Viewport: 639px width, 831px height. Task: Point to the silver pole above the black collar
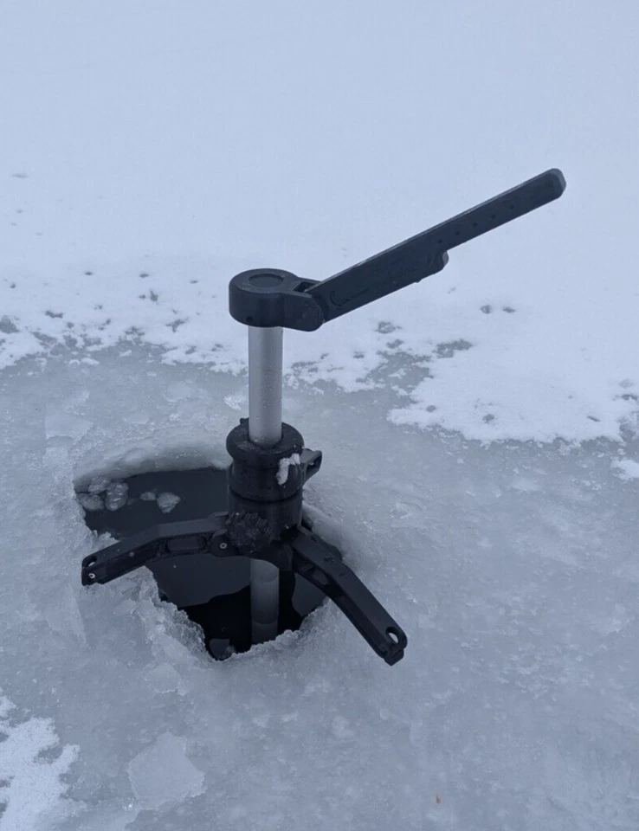point(265,381)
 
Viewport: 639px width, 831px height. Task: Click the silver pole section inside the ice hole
point(264,597)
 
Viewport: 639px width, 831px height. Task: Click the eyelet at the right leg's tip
point(393,639)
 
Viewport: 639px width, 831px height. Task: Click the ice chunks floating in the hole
point(113,496)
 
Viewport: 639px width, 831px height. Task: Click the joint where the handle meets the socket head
point(308,294)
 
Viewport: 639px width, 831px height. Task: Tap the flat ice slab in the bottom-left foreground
point(165,770)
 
